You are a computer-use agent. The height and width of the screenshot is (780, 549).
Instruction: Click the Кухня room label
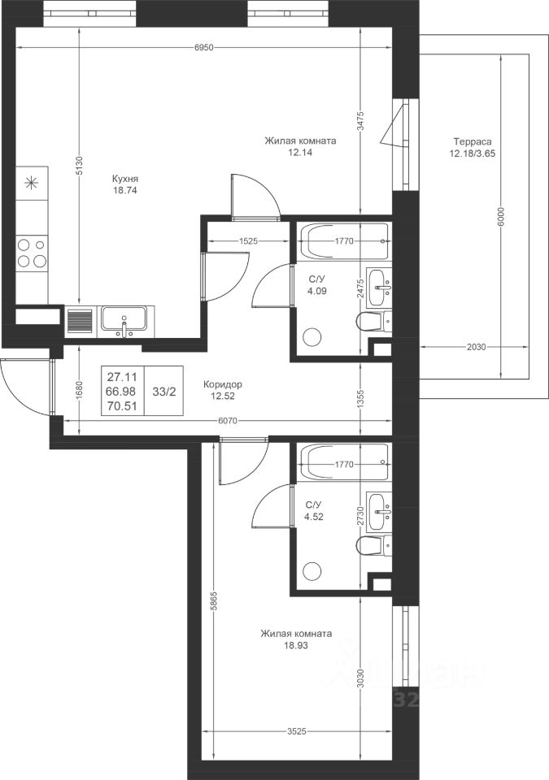[x=125, y=179]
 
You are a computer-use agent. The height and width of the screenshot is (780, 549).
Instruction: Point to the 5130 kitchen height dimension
[x=79, y=165]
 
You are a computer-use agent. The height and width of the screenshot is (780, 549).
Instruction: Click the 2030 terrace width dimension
[x=476, y=347]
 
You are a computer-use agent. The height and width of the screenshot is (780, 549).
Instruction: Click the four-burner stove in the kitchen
[x=32, y=252]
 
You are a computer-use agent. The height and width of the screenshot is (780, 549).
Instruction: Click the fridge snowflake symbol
[x=32, y=183]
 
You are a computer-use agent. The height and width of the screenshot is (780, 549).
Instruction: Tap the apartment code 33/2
[x=164, y=392]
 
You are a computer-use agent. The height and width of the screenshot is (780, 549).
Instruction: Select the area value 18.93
[x=296, y=646]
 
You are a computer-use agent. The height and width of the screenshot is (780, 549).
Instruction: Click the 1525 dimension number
[x=248, y=242]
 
